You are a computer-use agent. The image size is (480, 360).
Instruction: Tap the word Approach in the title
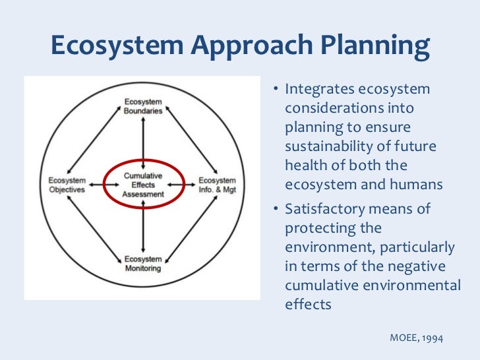pos(234,45)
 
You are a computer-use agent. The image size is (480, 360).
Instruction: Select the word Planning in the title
pos(369,45)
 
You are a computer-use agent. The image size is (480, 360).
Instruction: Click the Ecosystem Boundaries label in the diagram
pos(143,106)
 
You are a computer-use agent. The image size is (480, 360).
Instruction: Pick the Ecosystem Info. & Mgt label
pos(218,185)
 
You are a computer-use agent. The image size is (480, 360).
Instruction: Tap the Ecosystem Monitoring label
pos(143,264)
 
